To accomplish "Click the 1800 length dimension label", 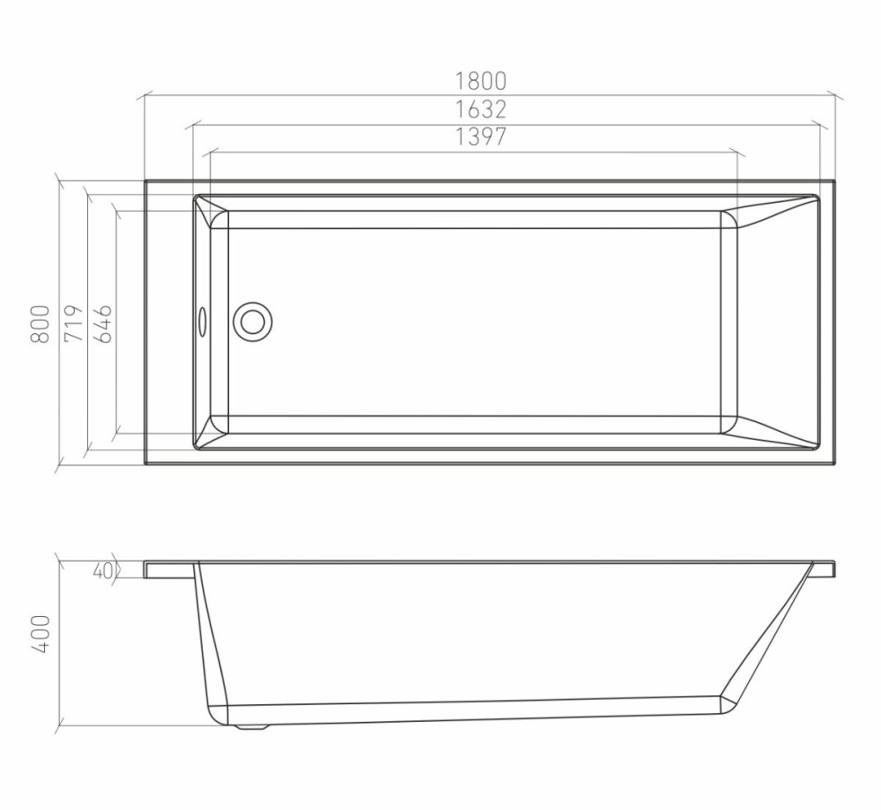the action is [480, 81].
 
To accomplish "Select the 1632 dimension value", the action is [480, 109].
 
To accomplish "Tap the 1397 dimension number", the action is [480, 137].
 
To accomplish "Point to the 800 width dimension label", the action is [40, 324].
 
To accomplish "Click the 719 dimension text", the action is [74, 323].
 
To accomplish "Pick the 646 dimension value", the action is [102, 323].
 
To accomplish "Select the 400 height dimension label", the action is [40, 634].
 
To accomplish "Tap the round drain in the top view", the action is [253, 322].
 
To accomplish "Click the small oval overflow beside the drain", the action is [203, 322].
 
